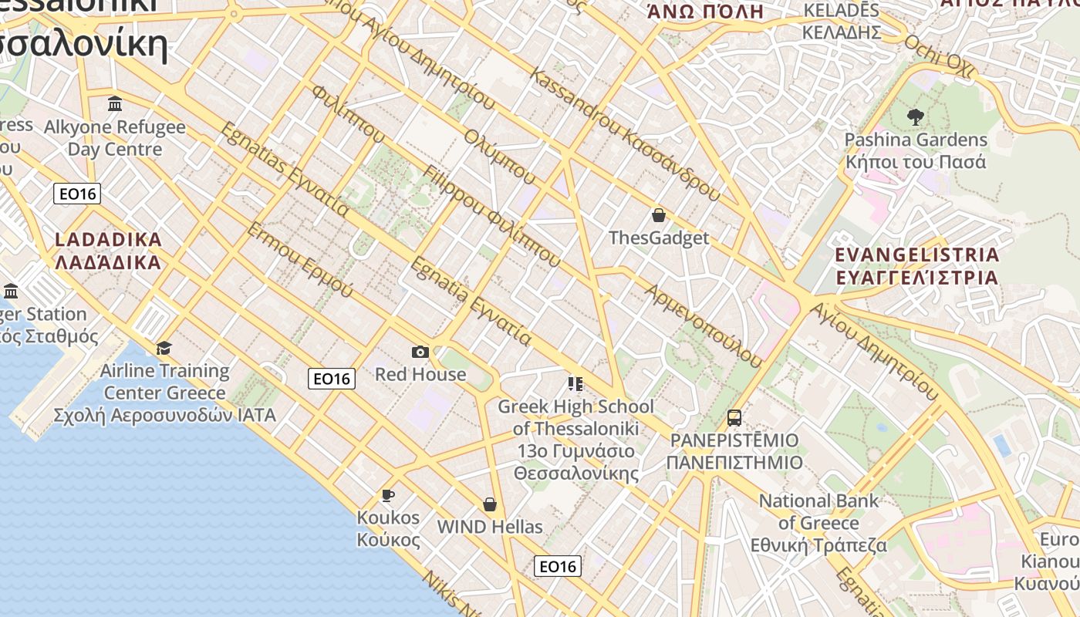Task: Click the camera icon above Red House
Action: click(420, 352)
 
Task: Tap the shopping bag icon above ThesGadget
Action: click(659, 215)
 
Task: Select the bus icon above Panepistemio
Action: click(734, 418)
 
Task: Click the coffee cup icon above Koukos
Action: click(388, 495)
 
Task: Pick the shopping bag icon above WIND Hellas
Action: click(489, 504)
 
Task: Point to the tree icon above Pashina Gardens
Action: click(916, 117)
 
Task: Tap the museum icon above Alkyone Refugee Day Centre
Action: click(115, 104)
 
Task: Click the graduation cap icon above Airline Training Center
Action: click(164, 349)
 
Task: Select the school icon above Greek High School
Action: click(575, 383)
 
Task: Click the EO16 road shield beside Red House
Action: click(332, 379)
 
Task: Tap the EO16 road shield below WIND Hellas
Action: click(558, 567)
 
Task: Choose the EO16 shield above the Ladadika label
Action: click(77, 194)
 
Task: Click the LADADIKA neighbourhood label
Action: click(109, 251)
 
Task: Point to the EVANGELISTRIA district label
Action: click(917, 265)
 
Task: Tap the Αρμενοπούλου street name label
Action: click(703, 325)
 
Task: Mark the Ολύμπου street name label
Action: click(499, 157)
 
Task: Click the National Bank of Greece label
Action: click(818, 523)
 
